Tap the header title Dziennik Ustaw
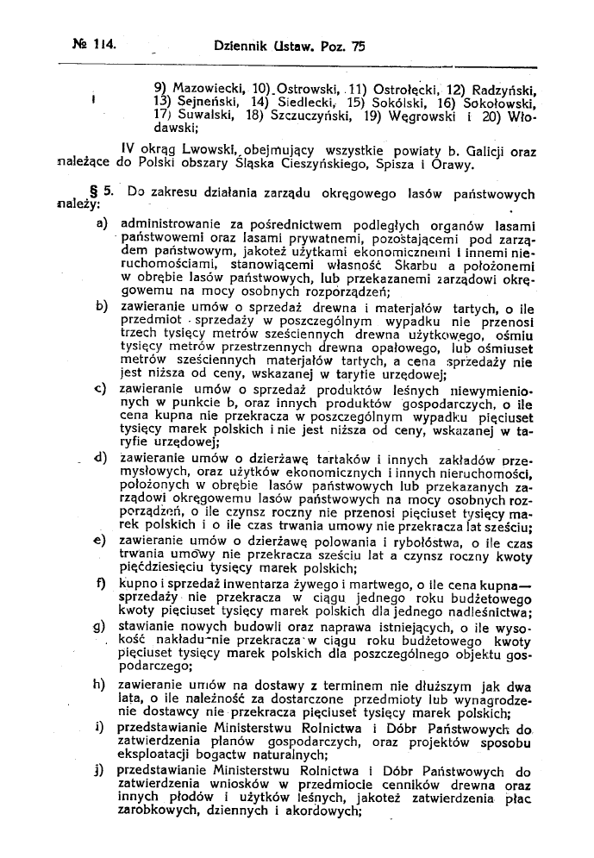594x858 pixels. [x=259, y=48]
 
